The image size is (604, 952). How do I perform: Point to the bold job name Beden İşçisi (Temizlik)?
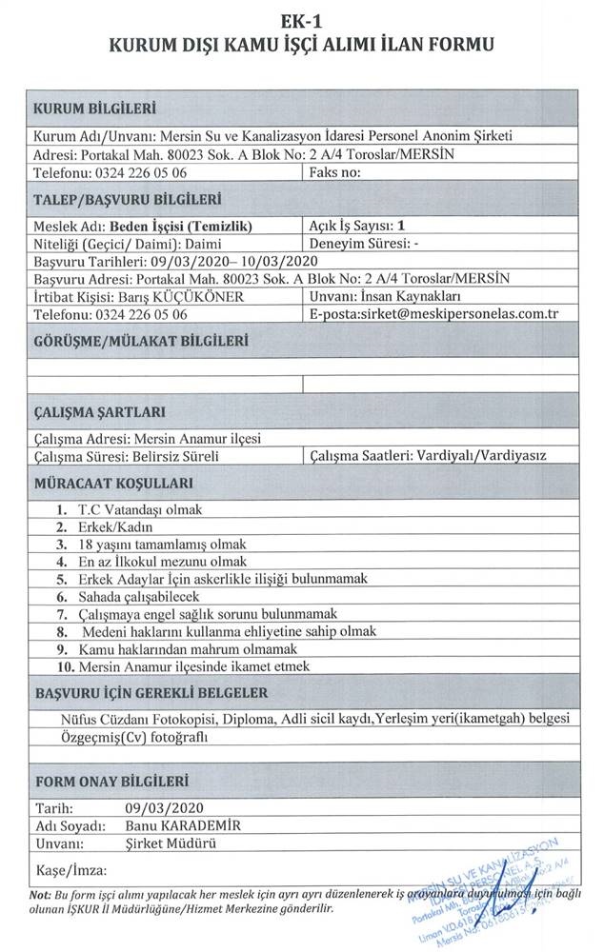pos(180,227)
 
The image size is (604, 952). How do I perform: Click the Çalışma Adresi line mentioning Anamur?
pos(147,439)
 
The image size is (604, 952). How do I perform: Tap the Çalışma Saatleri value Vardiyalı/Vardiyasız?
pos(476,456)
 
